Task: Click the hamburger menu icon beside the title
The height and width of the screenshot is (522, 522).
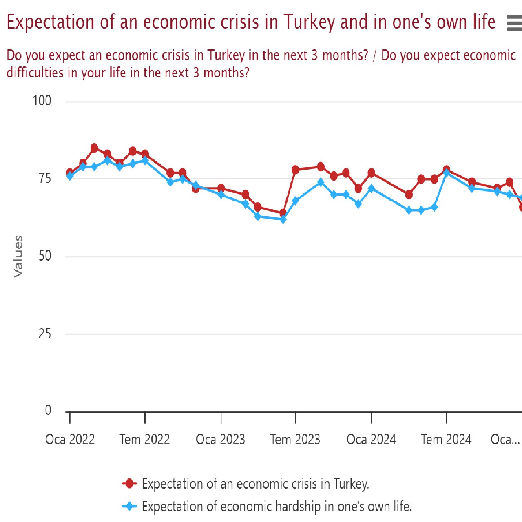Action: click(x=514, y=23)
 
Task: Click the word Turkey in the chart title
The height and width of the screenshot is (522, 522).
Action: click(x=309, y=22)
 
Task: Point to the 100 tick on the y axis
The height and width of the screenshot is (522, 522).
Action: click(x=42, y=101)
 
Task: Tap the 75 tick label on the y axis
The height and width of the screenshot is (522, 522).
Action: click(x=44, y=179)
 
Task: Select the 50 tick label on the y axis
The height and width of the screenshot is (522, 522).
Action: click(x=44, y=256)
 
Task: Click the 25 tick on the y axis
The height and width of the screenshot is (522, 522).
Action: click(x=44, y=334)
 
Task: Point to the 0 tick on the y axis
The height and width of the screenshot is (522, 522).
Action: click(x=48, y=410)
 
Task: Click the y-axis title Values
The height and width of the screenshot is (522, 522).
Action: click(x=18, y=257)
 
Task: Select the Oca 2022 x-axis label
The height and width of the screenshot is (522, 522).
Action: click(x=70, y=439)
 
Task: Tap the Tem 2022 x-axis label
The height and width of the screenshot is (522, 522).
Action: click(x=145, y=439)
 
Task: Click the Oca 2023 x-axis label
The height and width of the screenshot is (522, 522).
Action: click(x=220, y=439)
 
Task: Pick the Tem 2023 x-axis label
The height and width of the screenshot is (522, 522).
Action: click(x=295, y=439)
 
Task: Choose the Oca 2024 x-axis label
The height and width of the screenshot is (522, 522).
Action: click(x=371, y=439)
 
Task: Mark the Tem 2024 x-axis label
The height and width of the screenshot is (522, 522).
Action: click(x=446, y=439)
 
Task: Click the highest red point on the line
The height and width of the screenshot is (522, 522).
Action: click(x=94, y=148)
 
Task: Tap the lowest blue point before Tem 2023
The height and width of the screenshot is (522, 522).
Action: click(x=283, y=219)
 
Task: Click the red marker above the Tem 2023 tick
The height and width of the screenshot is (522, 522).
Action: click(x=296, y=170)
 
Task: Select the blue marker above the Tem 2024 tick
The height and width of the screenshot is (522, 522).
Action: click(x=447, y=173)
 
